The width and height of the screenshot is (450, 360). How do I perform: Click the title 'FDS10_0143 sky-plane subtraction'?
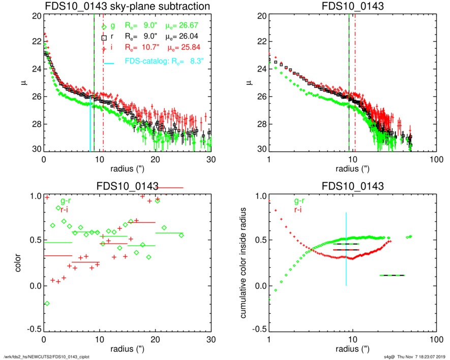(128, 6)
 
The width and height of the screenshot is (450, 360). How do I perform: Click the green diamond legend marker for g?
(104, 27)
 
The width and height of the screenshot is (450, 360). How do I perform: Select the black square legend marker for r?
(104, 38)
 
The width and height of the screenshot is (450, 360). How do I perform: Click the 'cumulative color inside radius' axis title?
(244, 263)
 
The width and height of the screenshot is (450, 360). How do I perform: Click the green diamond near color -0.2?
(47, 304)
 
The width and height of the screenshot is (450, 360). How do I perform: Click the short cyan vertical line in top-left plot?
(90, 127)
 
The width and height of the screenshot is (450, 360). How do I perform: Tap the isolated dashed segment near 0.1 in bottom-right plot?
(392, 275)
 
